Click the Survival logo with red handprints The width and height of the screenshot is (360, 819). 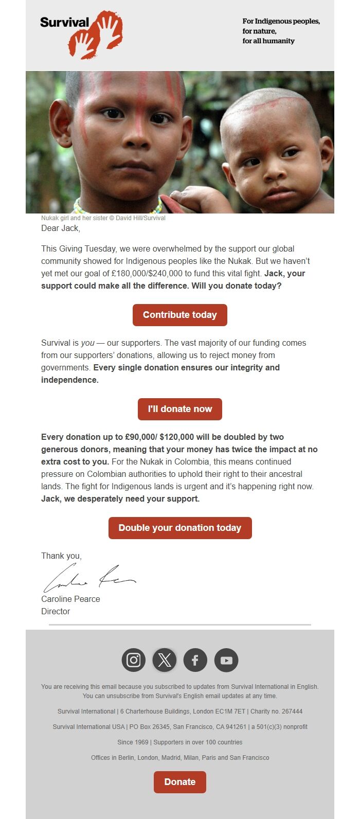coord(81,33)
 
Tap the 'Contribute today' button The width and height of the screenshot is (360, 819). coord(179,315)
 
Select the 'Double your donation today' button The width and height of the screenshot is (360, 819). coord(179,528)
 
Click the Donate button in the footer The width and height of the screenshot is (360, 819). coord(179,782)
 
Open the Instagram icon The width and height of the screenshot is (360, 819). coord(133,660)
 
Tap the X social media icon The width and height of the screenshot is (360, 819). coord(165,660)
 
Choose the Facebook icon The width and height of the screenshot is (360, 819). coord(195,660)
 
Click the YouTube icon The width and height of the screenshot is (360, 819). coord(226,660)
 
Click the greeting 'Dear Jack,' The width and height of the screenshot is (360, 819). coord(61,228)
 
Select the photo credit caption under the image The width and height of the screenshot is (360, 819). coord(103,218)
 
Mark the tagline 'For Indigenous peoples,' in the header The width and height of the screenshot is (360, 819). coord(281,21)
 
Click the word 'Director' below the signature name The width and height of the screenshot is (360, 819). coord(56,611)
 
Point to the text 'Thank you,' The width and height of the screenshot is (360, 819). coord(61,556)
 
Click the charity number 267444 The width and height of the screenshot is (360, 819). coord(291,711)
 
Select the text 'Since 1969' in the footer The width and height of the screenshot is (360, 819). coord(132,742)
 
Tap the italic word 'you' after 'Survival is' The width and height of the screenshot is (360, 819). coord(87,343)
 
